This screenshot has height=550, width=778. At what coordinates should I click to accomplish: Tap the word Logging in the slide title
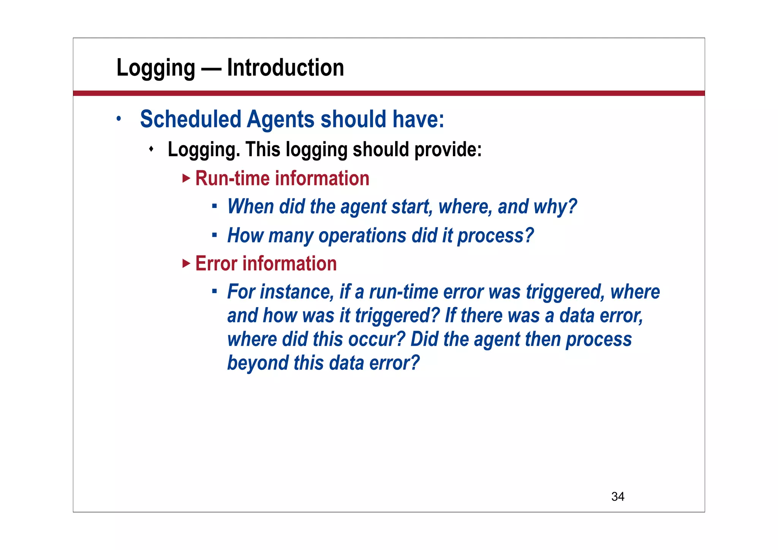(156, 68)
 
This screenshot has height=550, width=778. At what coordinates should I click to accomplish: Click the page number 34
(618, 496)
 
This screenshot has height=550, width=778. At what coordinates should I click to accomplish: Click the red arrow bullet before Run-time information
(186, 178)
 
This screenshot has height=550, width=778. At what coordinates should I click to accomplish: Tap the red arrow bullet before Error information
(186, 263)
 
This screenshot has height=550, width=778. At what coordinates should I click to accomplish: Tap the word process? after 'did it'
(495, 236)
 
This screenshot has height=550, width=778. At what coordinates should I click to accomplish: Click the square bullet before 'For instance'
(214, 292)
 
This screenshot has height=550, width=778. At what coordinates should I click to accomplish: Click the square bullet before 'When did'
(214, 206)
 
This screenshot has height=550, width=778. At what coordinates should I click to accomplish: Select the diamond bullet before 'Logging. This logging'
(151, 149)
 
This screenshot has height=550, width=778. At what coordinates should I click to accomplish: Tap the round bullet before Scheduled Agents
(119, 119)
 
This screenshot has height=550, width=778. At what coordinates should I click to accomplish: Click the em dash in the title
(211, 68)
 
